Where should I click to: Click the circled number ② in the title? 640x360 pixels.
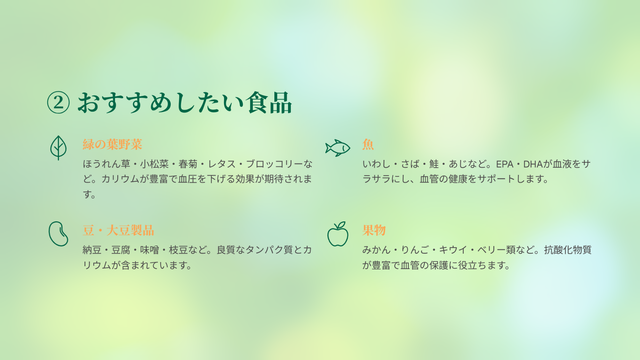(x=58, y=102)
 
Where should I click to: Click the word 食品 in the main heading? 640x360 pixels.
(x=269, y=103)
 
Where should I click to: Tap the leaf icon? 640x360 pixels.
(x=58, y=148)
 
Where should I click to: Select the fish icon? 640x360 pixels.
(x=338, y=148)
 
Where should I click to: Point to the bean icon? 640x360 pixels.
(x=58, y=234)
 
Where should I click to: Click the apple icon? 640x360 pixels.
(x=338, y=234)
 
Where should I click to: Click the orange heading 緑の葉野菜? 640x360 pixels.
(x=113, y=144)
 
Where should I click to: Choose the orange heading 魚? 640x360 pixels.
(x=368, y=144)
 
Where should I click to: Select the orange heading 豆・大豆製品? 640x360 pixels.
(x=118, y=230)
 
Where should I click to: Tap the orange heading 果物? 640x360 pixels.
(x=374, y=230)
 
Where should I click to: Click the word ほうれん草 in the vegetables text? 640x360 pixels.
(x=106, y=164)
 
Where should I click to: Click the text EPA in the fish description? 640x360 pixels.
(x=505, y=164)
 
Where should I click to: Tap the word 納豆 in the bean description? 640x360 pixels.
(x=92, y=250)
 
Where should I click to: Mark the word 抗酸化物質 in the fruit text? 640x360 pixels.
(x=568, y=250)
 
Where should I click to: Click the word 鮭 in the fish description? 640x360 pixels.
(x=434, y=164)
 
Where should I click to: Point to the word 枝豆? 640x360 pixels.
(x=178, y=250)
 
